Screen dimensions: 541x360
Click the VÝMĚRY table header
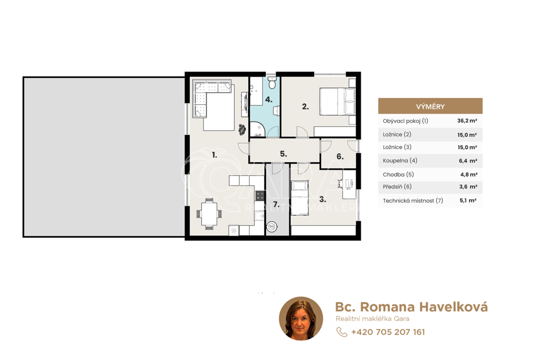tap(430, 106)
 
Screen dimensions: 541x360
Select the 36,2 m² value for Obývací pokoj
tap(467, 121)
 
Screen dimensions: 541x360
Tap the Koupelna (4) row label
tap(400, 161)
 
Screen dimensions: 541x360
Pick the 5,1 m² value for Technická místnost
tap(468, 200)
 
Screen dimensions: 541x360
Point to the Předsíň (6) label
tap(397, 187)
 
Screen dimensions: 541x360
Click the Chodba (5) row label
tap(398, 174)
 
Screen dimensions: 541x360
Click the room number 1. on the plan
tap(214, 155)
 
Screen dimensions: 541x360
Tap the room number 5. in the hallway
tap(283, 154)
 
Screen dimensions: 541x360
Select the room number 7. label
tap(276, 205)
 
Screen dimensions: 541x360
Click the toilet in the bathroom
tap(272, 82)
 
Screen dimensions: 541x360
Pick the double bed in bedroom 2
tap(338, 101)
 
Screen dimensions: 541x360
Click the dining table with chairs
tap(209, 214)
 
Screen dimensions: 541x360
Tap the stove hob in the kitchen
tap(260, 196)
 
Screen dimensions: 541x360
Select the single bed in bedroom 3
tap(300, 198)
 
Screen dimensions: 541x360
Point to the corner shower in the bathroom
tap(258, 129)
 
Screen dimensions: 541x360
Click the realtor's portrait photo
tap(301, 318)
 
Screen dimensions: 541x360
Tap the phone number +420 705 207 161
tap(388, 332)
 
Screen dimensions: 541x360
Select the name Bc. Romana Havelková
tap(411, 307)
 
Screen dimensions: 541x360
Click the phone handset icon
tap(342, 332)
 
